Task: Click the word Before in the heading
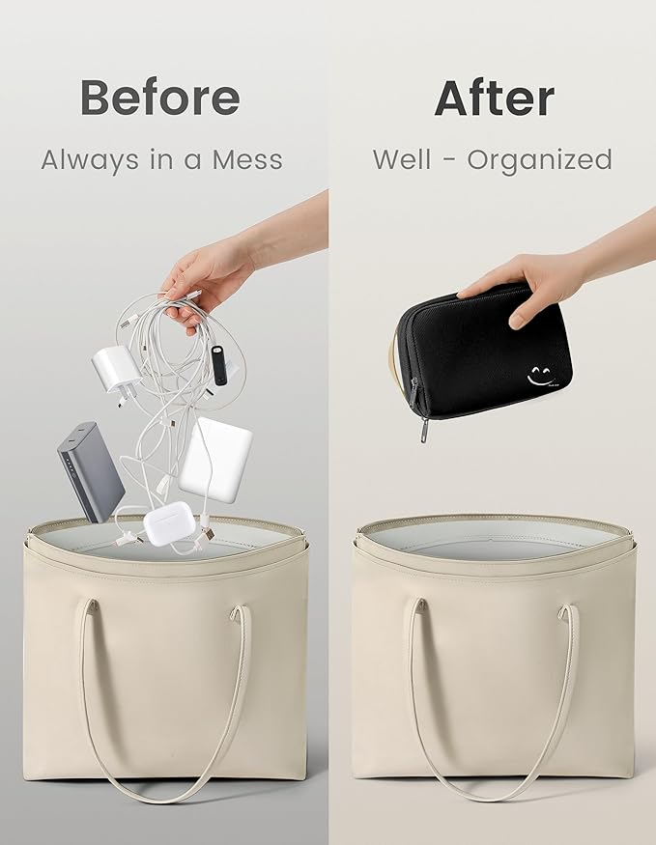click(x=160, y=97)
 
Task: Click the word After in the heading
click(x=495, y=99)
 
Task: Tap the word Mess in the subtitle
click(x=247, y=160)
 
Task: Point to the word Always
click(x=90, y=160)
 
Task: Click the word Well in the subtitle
click(x=402, y=159)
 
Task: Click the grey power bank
click(x=91, y=472)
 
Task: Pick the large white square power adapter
click(x=215, y=459)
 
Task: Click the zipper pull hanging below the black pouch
click(x=424, y=430)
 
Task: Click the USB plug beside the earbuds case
click(x=208, y=533)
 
